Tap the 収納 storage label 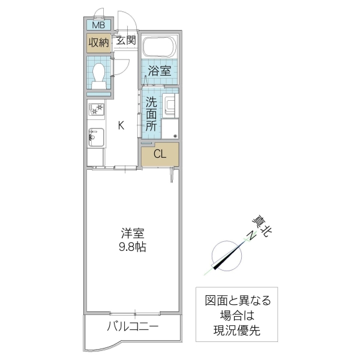click(100, 42)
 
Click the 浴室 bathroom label click(160, 70)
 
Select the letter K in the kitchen click(121, 125)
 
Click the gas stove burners click(97, 110)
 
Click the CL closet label click(159, 154)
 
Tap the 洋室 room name click(133, 233)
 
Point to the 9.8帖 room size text click(133, 247)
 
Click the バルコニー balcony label click(133, 328)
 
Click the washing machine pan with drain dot click(170, 129)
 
